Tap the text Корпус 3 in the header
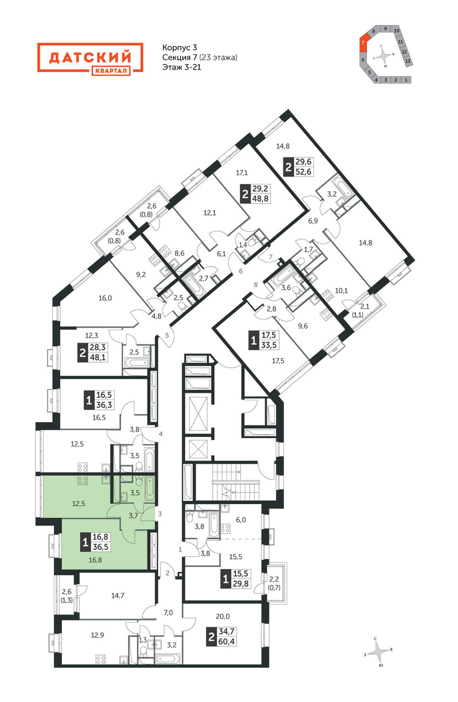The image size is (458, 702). pyautogui.click(x=179, y=47)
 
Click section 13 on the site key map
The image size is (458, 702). pyautogui.click(x=407, y=61)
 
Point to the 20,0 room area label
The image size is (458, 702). pyautogui.click(x=223, y=616)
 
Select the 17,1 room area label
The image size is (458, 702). pyautogui.click(x=242, y=173)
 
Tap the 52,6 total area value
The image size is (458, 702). pyautogui.click(x=303, y=171)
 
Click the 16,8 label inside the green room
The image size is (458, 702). pyautogui.click(x=95, y=560)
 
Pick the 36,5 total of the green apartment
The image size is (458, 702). pyautogui.click(x=100, y=547)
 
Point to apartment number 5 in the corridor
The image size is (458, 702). pyautogui.click(x=167, y=335)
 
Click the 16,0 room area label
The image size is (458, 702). pyautogui.click(x=105, y=298)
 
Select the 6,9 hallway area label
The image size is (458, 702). pyautogui.click(x=313, y=221)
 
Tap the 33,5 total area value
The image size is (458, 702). pyautogui.click(x=269, y=345)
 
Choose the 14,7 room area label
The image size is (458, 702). pyautogui.click(x=117, y=595)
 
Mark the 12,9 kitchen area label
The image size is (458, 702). pyautogui.click(x=98, y=635)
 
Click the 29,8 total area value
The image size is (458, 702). pyautogui.click(x=241, y=583)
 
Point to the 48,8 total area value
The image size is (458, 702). pyautogui.click(x=261, y=198)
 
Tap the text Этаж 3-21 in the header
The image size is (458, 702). pyautogui.click(x=182, y=67)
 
